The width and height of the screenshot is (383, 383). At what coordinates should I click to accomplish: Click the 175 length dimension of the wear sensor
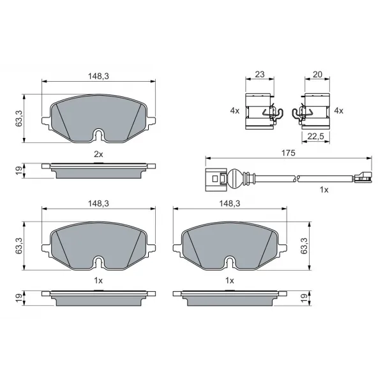click(x=289, y=153)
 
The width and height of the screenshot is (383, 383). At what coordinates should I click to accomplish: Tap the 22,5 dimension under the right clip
click(x=315, y=137)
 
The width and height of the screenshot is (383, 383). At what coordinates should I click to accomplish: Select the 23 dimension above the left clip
click(x=259, y=74)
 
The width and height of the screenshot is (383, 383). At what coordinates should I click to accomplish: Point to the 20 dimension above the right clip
click(x=317, y=74)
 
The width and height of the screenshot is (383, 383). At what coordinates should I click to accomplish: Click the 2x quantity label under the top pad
click(x=98, y=154)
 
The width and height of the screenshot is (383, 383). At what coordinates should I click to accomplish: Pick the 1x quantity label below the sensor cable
click(x=324, y=190)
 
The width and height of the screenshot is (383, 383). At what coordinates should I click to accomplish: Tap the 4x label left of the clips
click(x=235, y=110)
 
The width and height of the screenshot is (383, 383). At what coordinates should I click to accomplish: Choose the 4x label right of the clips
click(x=338, y=110)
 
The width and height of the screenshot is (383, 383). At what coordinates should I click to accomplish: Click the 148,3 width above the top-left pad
click(x=98, y=76)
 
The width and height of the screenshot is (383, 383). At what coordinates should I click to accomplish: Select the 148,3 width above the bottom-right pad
click(x=230, y=204)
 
